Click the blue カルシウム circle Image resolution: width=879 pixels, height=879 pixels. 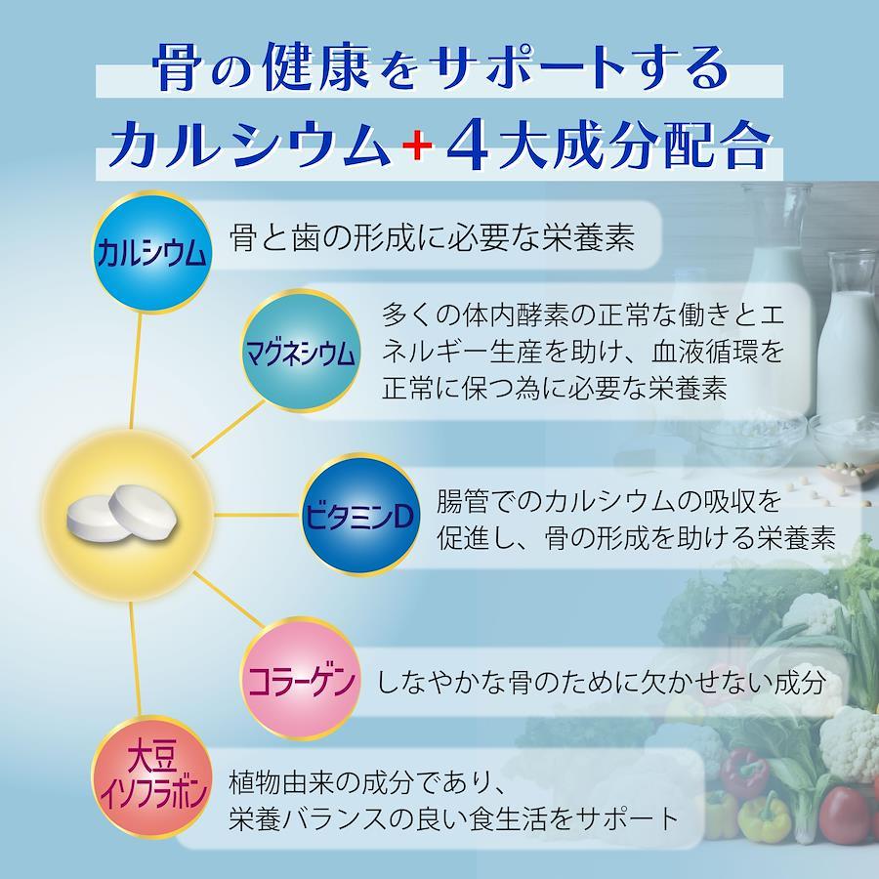[x=151, y=252]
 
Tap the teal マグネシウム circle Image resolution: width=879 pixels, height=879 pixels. [x=301, y=352]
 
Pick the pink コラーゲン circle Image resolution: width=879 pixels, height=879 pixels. [x=301, y=679]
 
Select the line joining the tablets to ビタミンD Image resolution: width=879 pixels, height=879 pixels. [x=258, y=514]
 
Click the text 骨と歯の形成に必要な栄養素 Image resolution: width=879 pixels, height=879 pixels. [x=432, y=238]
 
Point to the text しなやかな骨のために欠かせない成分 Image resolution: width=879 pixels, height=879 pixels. [x=601, y=683]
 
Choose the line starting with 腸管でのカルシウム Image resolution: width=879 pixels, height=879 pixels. [x=608, y=501]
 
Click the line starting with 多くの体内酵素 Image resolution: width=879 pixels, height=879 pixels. [x=582, y=315]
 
